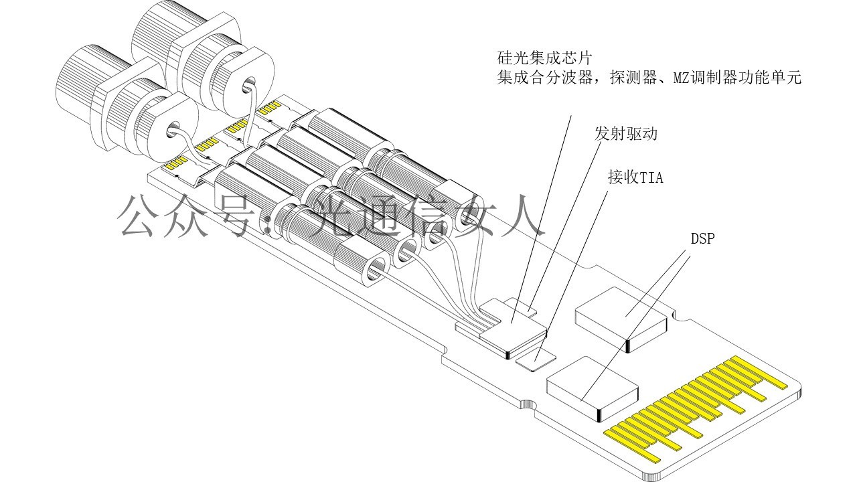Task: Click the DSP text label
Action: (x=703, y=238)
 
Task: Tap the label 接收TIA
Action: (x=635, y=177)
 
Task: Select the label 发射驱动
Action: (x=626, y=133)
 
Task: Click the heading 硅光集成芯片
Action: (x=544, y=57)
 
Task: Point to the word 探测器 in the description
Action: (x=635, y=78)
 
